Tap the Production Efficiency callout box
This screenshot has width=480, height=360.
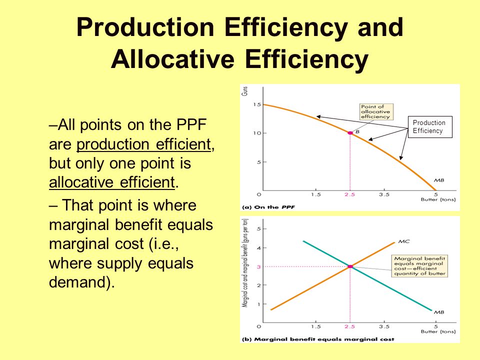[429, 127]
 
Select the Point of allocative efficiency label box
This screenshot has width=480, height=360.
[375, 111]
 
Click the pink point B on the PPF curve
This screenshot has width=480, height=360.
[350, 132]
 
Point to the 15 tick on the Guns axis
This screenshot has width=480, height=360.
[256, 104]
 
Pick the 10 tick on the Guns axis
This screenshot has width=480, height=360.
[256, 133]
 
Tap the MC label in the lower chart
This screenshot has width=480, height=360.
[404, 242]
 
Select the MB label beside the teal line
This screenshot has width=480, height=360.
[438, 312]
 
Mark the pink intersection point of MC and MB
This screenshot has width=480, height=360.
[350, 266]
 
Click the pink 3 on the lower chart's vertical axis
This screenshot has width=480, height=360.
[258, 266]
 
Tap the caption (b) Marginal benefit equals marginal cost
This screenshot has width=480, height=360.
[318, 339]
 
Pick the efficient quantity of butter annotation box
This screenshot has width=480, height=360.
[419, 265]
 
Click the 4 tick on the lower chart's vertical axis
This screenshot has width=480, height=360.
[258, 248]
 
